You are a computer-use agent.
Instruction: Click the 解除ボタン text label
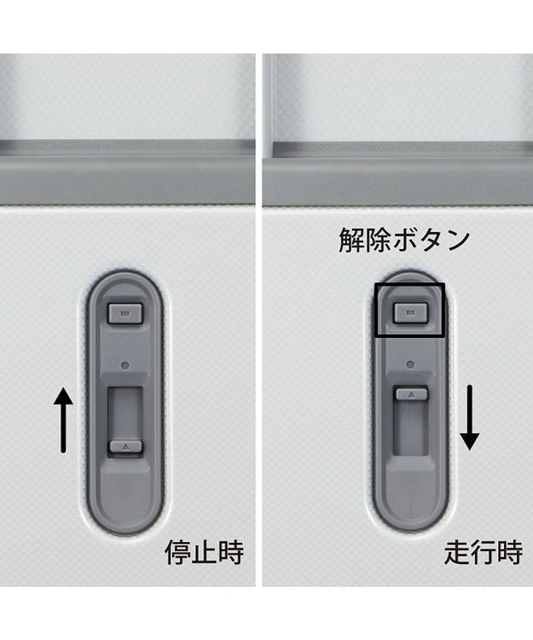(x=404, y=241)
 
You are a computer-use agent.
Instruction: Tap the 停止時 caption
(x=204, y=552)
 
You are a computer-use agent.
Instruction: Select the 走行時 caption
(x=484, y=552)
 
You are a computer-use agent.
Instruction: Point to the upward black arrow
(x=63, y=420)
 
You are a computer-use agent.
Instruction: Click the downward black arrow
(x=470, y=417)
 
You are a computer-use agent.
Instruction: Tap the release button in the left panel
(x=125, y=313)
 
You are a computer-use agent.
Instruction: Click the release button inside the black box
(x=410, y=312)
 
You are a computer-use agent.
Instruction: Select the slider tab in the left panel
(x=125, y=446)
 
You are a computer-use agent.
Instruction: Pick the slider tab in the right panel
(x=411, y=394)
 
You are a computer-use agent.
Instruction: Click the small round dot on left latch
(x=125, y=365)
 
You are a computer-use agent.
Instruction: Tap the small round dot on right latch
(x=410, y=364)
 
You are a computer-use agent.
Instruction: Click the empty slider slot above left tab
(x=125, y=413)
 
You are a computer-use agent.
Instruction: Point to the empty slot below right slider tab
(x=411, y=427)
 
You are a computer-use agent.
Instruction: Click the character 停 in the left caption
(x=177, y=552)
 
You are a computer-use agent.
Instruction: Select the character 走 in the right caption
(x=457, y=552)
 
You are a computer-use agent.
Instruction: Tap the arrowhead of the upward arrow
(x=63, y=396)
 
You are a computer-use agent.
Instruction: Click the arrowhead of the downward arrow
(x=470, y=442)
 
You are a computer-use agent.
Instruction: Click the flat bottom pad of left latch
(x=125, y=496)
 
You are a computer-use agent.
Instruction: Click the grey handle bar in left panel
(x=127, y=179)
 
